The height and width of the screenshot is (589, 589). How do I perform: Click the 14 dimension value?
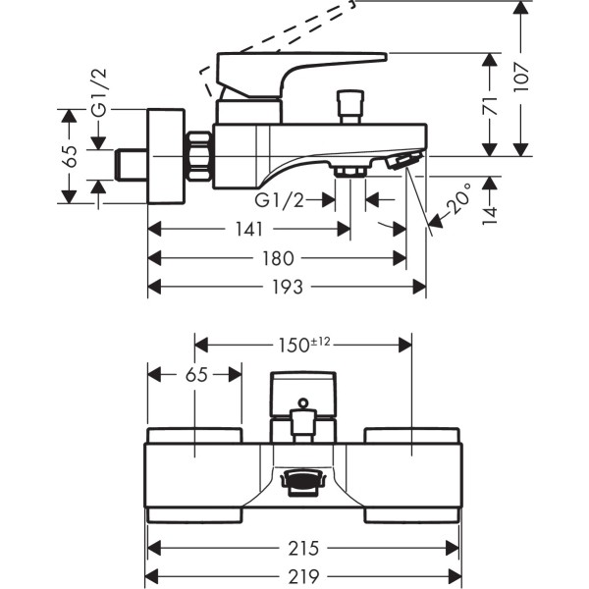tap(490, 207)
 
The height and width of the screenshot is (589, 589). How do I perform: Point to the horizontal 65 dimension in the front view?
tap(195, 375)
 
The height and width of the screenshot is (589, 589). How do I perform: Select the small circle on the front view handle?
tap(303, 402)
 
